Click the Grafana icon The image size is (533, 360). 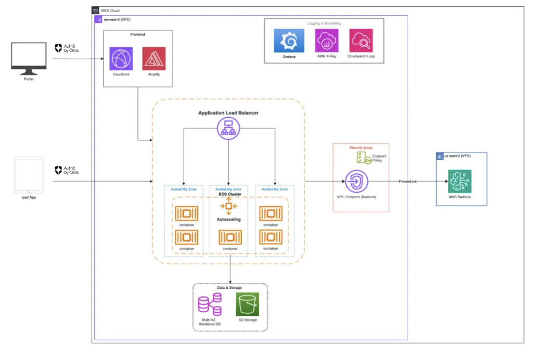point(289,41)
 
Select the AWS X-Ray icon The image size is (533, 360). point(326,41)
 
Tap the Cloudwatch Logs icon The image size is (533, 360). point(361,41)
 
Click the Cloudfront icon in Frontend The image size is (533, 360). point(121,59)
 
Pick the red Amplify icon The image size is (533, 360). point(154,59)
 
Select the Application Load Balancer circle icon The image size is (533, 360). point(228,127)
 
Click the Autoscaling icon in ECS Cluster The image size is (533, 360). point(228,207)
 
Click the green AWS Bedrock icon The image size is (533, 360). point(460,182)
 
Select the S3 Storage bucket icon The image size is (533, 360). point(247,304)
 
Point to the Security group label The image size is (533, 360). point(360,148)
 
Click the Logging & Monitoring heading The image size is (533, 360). point(324,23)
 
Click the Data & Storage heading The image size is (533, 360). point(230,287)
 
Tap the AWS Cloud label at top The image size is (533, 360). point(110,10)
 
